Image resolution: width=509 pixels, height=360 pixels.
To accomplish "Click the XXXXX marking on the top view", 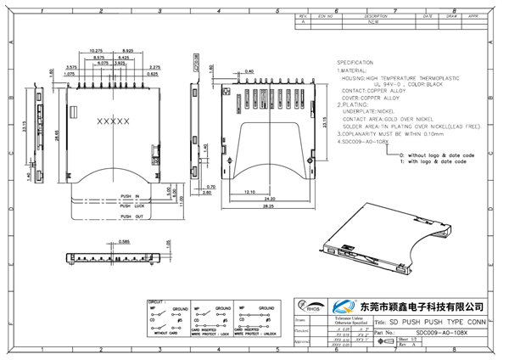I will [114, 121].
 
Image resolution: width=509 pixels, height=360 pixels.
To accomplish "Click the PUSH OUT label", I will [131, 217].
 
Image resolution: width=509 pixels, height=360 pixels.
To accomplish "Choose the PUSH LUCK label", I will [131, 205].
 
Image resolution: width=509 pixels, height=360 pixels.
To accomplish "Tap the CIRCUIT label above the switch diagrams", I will [157, 301].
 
